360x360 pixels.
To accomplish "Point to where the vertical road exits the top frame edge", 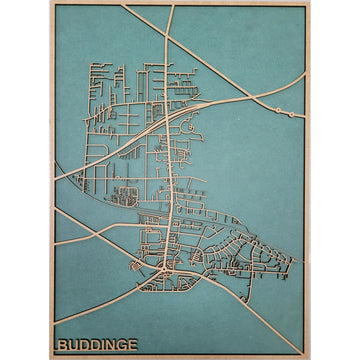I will point(172,5).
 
